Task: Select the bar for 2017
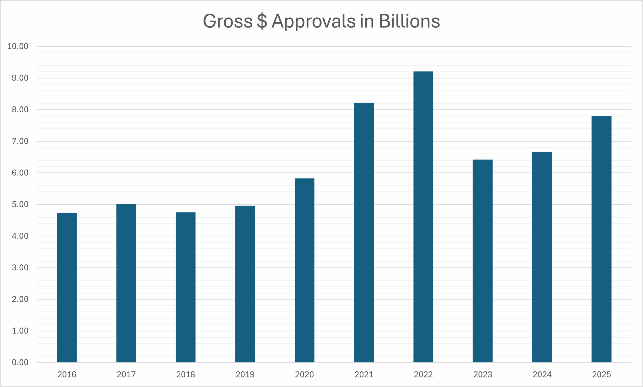[126, 283]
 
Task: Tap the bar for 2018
[186, 287]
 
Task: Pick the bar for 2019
[245, 284]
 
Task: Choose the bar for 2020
[304, 270]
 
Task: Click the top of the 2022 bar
[423, 72]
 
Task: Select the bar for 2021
[364, 232]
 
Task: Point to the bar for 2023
[483, 261]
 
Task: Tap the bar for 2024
[542, 257]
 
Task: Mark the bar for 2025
[602, 239]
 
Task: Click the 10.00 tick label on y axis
[18, 46]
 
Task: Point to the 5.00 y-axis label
[20, 205]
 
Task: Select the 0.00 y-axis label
[20, 362]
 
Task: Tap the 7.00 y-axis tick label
[20, 141]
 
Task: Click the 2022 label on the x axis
[423, 374]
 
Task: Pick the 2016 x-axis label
[67, 374]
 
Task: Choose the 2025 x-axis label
[602, 374]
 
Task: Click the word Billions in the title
[409, 21]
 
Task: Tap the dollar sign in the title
[262, 21]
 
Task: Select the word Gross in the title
[228, 21]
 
